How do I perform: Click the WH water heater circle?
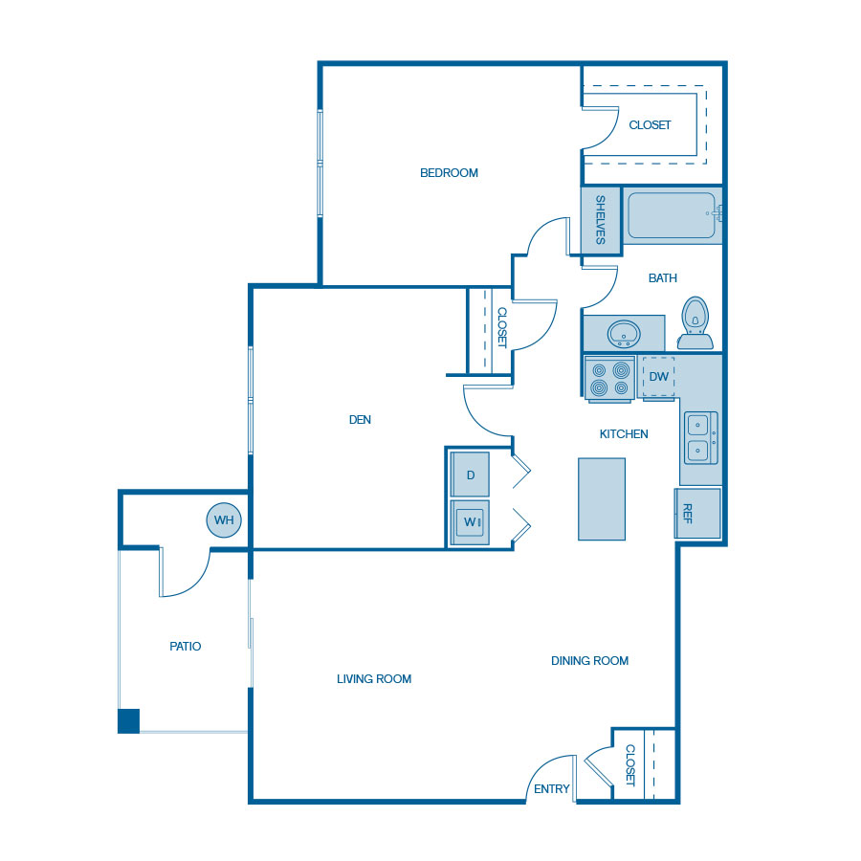pos(224,520)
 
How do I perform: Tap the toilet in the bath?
pos(695,321)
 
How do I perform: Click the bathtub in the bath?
pos(671,215)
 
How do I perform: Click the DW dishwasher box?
pos(658,376)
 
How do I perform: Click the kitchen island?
pos(602,498)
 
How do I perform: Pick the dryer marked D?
pos(471,475)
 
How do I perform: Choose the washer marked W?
pos(471,522)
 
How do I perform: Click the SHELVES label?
pos(601,219)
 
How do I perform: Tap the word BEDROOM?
pos(449,173)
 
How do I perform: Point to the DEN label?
pos(360,419)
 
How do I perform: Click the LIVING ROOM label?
pos(374,679)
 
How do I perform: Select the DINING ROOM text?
pos(589,661)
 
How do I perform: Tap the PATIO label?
pos(186,647)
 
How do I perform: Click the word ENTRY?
pos(552,789)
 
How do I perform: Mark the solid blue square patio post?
pos(128,720)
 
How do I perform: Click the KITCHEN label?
pos(624,434)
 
